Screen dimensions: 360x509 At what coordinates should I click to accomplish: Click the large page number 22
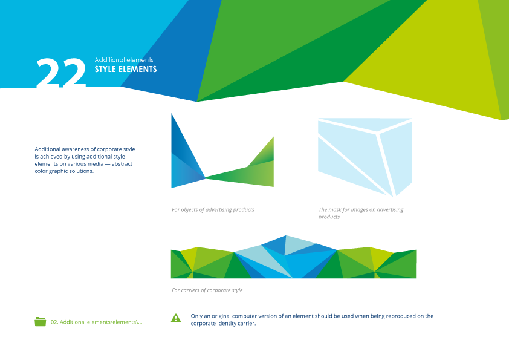tap(61, 74)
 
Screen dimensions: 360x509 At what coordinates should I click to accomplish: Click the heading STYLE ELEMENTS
tap(126, 70)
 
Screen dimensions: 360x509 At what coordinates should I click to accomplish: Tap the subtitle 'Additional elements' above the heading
tap(124, 60)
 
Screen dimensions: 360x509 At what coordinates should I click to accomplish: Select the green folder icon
tap(41, 322)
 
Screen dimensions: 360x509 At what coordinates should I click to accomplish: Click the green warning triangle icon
tap(176, 318)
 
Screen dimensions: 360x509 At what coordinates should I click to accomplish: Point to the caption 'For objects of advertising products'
tap(213, 210)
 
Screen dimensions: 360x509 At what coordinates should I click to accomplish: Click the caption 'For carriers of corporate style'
tap(207, 290)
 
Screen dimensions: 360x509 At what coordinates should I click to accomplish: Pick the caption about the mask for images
tap(361, 213)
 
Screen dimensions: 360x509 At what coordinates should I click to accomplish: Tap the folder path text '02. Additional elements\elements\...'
tap(97, 322)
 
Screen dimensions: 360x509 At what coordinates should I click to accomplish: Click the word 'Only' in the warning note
tap(197, 316)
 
